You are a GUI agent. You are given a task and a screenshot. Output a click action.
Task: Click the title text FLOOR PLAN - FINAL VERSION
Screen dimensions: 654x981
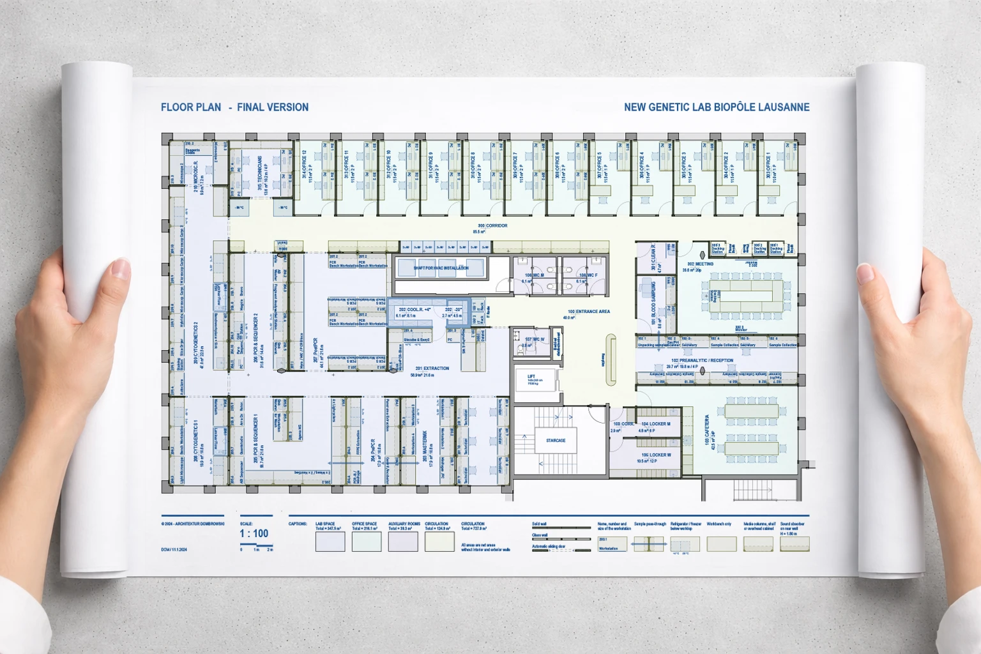click(x=234, y=107)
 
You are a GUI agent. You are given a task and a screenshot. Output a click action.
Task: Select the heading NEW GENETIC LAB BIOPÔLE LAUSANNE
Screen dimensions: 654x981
click(x=716, y=107)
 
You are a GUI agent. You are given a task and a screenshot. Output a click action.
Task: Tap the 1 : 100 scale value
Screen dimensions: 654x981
click(x=254, y=533)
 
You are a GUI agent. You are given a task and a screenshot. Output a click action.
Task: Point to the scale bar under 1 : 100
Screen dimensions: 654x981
click(x=256, y=546)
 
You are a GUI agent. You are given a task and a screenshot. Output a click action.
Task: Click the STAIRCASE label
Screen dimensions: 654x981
click(x=555, y=440)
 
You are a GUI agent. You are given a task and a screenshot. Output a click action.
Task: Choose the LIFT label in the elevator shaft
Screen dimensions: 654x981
click(x=531, y=377)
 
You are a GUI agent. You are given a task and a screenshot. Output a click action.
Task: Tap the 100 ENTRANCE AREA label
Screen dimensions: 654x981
click(x=588, y=312)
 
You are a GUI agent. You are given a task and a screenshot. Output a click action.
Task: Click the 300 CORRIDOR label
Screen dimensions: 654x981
click(x=492, y=226)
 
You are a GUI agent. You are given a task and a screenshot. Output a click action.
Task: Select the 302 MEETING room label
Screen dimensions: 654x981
click(x=700, y=264)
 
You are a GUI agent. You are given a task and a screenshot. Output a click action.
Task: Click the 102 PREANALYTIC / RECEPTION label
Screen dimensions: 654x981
click(x=702, y=361)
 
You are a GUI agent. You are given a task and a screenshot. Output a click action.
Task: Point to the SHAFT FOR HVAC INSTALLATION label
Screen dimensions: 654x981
click(x=441, y=268)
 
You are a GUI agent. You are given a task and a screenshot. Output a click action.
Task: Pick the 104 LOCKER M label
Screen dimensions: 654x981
click(x=655, y=424)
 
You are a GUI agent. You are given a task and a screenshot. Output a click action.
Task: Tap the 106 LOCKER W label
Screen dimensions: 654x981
click(x=656, y=455)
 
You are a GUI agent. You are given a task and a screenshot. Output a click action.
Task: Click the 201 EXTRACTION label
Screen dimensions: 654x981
click(x=432, y=369)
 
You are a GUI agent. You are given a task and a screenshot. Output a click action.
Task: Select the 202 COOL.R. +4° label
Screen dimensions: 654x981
click(x=414, y=310)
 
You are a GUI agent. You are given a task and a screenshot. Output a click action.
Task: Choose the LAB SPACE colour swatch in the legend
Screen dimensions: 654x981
click(x=330, y=542)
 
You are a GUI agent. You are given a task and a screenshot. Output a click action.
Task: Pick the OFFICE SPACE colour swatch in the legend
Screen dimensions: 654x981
click(x=367, y=542)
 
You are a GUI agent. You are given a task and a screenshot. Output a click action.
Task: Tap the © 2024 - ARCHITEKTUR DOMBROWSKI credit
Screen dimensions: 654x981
click(x=192, y=524)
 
